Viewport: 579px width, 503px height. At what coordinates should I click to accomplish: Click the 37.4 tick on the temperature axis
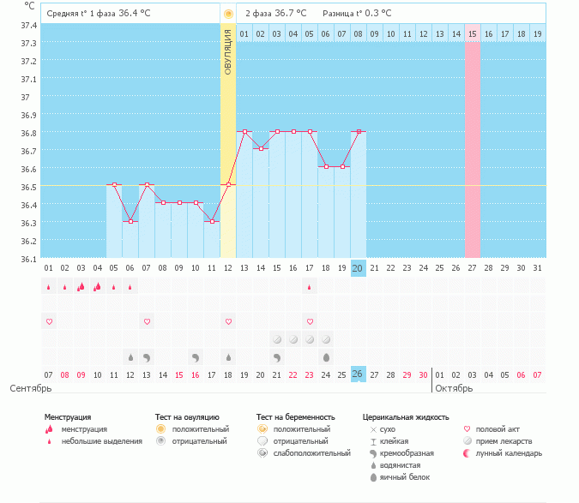point(28,26)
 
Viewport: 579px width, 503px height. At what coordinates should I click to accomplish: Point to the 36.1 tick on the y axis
point(28,258)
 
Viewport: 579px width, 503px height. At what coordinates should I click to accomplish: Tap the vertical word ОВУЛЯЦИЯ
point(228,51)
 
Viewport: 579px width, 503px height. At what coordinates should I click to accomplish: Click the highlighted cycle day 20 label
point(358,268)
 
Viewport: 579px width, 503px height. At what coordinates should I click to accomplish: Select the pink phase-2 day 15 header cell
point(472,33)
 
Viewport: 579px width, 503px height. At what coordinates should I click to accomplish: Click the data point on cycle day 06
point(130,221)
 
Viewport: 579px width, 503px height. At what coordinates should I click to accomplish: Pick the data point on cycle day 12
point(228,184)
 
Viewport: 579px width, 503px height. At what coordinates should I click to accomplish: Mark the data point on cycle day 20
point(359,131)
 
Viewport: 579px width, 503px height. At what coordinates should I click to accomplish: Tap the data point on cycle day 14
point(261,148)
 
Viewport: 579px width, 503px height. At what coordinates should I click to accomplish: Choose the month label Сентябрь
point(25,388)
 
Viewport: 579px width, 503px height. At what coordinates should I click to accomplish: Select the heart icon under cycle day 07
point(147,321)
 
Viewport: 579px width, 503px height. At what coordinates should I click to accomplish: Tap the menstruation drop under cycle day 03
point(81,287)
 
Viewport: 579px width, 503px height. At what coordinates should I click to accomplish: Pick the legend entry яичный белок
point(399,476)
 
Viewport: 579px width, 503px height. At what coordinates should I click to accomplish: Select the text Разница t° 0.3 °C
point(357,14)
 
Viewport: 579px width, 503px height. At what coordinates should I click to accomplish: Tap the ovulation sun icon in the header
point(228,14)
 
